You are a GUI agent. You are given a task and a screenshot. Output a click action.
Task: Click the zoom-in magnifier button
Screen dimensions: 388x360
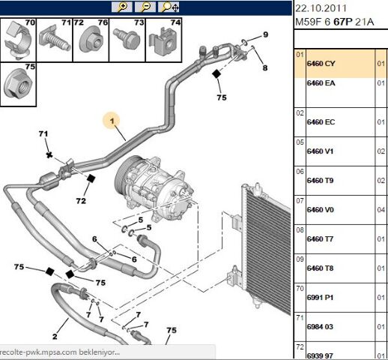(x=122, y=7)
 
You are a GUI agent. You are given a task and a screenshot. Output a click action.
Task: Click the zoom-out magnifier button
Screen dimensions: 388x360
(x=145, y=7)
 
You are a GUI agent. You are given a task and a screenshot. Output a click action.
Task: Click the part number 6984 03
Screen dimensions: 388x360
(x=320, y=327)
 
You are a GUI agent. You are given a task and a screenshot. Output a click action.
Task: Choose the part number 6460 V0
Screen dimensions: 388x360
(x=320, y=210)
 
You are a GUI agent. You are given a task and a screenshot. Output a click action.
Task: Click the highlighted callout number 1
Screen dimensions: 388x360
(x=112, y=121)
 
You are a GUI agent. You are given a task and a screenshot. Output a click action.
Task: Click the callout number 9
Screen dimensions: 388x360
(x=265, y=34)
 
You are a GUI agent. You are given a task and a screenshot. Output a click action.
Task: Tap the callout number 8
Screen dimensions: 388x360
(x=265, y=67)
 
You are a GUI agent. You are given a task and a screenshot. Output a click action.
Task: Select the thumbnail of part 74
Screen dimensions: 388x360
(x=164, y=40)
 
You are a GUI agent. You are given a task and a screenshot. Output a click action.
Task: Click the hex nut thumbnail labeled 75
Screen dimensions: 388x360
(x=19, y=85)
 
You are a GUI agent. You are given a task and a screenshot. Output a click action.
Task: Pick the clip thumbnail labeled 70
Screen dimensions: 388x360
(x=18, y=40)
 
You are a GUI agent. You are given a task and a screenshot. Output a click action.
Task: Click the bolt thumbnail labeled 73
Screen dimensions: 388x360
(x=127, y=40)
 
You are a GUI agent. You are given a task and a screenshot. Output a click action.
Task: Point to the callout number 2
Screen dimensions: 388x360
(x=55, y=336)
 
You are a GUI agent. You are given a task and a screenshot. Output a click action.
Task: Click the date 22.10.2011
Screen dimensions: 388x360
(x=321, y=8)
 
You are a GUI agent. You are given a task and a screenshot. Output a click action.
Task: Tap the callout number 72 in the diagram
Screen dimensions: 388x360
(x=81, y=201)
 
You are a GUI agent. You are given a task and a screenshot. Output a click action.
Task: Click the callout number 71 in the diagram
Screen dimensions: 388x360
(x=43, y=133)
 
